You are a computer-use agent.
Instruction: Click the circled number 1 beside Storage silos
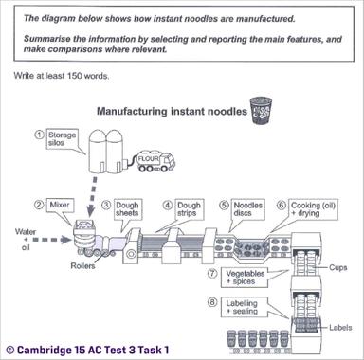39,135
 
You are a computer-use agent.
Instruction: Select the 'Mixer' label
62,205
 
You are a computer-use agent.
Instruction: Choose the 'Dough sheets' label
128,210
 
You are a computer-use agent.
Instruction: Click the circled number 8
213,302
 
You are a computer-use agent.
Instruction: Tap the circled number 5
225,205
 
